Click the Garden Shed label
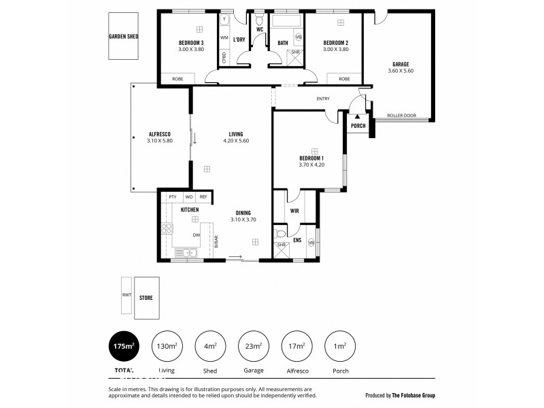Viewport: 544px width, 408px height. [x=123, y=37]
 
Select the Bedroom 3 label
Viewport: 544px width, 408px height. [x=191, y=44]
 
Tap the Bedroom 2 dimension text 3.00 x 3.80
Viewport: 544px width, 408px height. [x=335, y=50]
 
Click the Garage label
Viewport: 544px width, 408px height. [x=400, y=64]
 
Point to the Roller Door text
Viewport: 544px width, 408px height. [x=401, y=116]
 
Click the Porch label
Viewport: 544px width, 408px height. [x=358, y=126]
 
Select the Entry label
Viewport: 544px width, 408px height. [x=323, y=99]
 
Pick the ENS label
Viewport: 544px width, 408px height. [x=297, y=240]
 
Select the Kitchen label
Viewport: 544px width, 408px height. [x=190, y=210]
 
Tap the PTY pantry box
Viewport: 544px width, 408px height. [x=172, y=197]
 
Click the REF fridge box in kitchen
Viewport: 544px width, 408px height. [x=203, y=197]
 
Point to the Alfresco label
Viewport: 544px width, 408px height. [x=160, y=134]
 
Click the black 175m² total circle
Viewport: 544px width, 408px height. [x=123, y=347]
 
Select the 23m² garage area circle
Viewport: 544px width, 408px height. [x=253, y=347]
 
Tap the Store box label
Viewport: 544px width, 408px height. [x=146, y=298]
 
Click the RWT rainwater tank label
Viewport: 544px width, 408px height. [x=125, y=295]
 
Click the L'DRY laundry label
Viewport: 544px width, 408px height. [x=239, y=40]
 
